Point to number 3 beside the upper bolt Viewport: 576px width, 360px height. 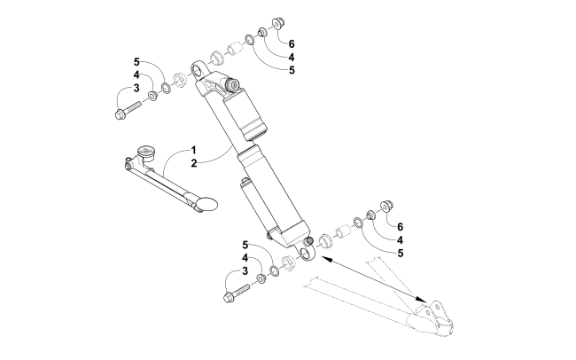pyautogui.click(x=136, y=89)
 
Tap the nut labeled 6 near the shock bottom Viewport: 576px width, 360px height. pyautogui.click(x=385, y=207)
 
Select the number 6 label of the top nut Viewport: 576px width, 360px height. pyautogui.click(x=292, y=43)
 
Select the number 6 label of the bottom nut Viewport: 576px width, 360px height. pyautogui.click(x=400, y=227)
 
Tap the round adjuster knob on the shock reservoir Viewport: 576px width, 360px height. pyautogui.click(x=234, y=85)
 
